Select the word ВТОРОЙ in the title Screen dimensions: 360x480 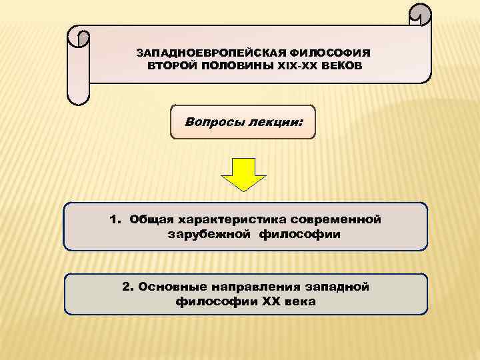tap(168, 65)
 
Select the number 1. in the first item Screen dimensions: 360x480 tap(117, 219)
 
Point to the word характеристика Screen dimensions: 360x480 tap(229, 219)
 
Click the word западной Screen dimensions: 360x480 tap(339, 287)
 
